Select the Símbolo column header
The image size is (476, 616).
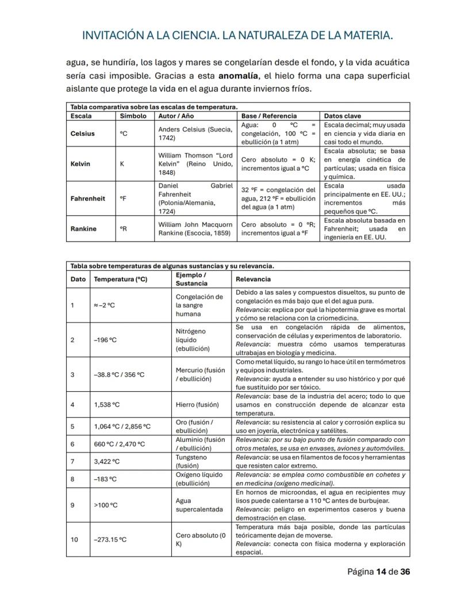133,116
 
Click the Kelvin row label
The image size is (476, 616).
80,164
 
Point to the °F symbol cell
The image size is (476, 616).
124,198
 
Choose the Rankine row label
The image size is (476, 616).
83,228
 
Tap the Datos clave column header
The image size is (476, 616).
343,116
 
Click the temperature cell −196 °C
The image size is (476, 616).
105,339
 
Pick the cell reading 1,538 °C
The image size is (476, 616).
107,404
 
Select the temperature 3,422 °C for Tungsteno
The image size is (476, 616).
107,461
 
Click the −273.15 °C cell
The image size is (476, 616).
110,540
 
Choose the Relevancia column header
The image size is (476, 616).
254,279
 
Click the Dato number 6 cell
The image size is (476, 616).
73,443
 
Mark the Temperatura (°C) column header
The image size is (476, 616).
121,279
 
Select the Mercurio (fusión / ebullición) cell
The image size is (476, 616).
201,374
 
